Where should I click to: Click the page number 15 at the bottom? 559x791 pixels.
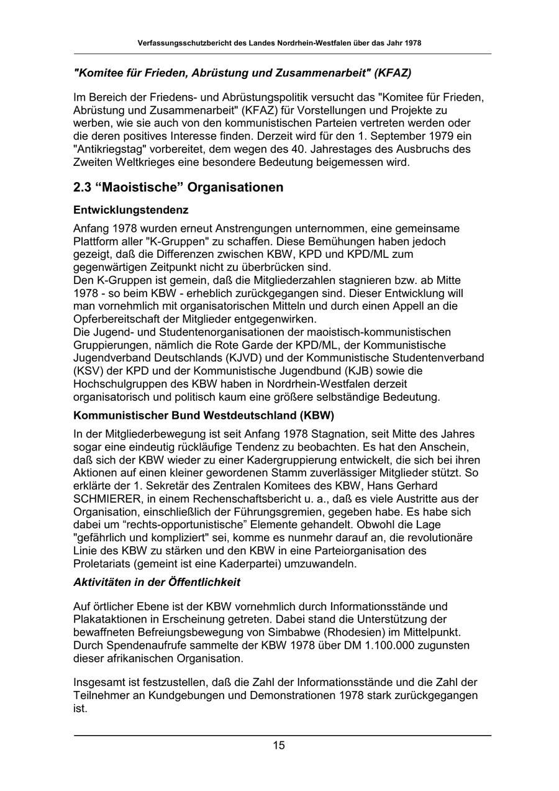279,746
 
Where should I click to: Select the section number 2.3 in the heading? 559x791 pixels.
83,187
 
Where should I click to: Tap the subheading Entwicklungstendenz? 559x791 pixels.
130,210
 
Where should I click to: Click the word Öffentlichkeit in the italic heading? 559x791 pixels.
207,582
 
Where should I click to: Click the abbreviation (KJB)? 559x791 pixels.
346,370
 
